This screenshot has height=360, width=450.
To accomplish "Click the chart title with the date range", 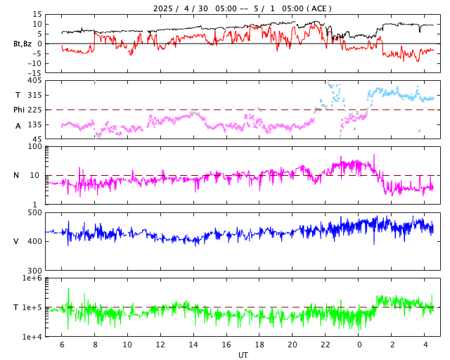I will [x=243, y=8].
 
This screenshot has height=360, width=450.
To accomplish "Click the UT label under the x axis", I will [x=243, y=355].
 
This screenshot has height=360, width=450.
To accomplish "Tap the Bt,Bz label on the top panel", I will [x=22, y=44].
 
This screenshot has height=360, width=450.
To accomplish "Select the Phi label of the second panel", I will [x=20, y=110].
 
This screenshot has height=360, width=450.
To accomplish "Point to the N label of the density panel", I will [x=16, y=175].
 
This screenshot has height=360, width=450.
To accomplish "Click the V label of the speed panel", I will [x=16, y=241].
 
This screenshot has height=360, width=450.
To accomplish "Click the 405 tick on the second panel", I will [x=34, y=81].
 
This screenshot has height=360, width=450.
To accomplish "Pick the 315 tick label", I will [x=34, y=95].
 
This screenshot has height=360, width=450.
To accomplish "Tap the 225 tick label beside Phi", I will [x=34, y=110].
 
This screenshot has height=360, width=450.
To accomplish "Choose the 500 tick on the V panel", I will [x=34, y=212].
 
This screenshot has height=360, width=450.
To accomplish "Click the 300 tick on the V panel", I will [x=34, y=271].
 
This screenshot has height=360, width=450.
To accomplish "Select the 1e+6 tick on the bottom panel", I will [x=32, y=278].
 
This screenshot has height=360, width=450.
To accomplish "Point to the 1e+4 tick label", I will [x=32, y=337].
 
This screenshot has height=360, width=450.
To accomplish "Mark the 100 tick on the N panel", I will [x=34, y=146].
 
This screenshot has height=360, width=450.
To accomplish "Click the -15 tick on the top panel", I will [x=33, y=72].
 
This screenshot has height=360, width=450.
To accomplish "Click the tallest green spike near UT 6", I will [x=68, y=289].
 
